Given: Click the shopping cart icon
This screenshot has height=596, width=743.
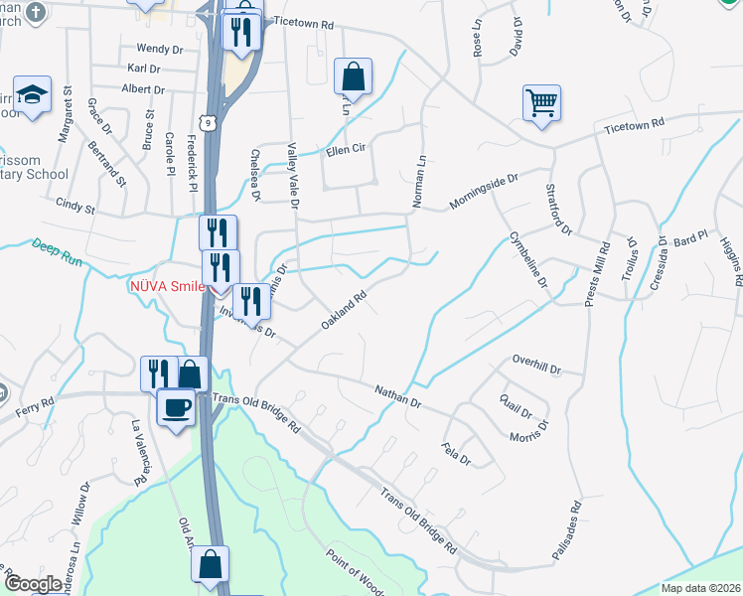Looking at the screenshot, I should click(541, 102).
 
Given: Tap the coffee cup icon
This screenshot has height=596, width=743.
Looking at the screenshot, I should click(177, 407).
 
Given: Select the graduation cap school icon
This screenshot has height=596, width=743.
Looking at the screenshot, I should click(33, 95).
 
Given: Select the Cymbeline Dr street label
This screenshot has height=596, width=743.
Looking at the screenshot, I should click(528, 258).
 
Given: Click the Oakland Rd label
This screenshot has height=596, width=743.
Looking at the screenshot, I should click(345, 310).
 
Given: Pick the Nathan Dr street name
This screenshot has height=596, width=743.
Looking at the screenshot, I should click(399, 397).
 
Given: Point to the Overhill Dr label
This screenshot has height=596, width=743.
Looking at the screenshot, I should click(536, 364).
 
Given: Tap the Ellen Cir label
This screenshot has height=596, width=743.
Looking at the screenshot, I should click(347, 151).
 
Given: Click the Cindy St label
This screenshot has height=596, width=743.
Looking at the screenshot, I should click(75, 209).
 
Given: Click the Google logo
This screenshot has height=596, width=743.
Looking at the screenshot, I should click(33, 584).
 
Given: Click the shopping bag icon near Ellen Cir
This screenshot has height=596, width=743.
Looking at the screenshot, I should click(353, 75).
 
